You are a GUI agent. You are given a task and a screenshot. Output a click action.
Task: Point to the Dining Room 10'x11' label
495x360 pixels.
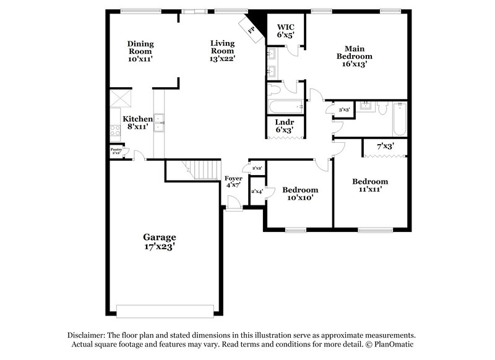click(x=140, y=51)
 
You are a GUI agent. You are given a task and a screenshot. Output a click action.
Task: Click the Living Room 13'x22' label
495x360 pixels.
click(x=222, y=51)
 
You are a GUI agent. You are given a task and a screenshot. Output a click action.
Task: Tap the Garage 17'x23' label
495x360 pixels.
click(x=160, y=241)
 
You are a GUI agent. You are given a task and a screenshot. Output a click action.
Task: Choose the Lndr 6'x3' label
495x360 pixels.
click(x=285, y=126)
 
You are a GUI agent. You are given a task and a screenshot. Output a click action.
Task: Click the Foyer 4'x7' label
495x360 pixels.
click(x=233, y=181)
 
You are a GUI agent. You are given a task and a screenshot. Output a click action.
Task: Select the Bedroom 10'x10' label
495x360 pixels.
click(x=299, y=194)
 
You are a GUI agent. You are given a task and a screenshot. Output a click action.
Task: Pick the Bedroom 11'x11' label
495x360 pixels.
click(x=370, y=185)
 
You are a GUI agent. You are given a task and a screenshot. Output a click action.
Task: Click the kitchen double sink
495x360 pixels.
click(x=159, y=123)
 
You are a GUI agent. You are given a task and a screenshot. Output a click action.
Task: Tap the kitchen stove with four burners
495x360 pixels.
click(x=115, y=131)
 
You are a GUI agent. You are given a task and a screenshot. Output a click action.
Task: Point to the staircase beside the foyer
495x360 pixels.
click(x=202, y=169)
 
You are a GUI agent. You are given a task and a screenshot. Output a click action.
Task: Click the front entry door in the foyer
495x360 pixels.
click(x=233, y=204)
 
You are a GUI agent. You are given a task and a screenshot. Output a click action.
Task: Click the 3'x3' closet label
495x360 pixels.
click(x=344, y=109)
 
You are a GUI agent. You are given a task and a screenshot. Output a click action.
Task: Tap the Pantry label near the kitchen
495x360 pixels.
click(x=116, y=150)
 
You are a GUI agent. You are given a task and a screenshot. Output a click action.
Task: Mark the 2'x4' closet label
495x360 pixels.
click(x=257, y=191)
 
